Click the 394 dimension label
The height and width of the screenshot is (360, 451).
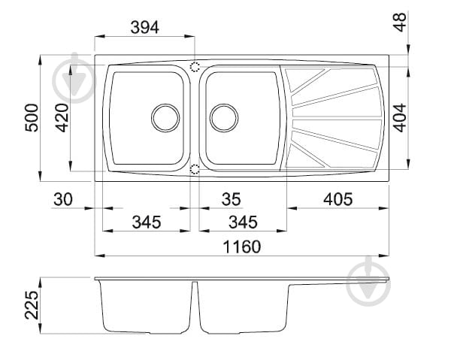[144, 28]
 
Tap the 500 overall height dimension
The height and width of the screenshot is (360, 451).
[32, 118]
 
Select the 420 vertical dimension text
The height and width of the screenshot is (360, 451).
[62, 118]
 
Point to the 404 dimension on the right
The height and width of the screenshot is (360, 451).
[400, 118]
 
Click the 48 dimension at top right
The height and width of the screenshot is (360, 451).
[400, 22]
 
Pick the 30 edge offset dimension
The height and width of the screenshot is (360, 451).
[63, 199]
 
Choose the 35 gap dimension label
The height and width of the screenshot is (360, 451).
[232, 199]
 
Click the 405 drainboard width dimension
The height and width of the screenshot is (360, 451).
[338, 199]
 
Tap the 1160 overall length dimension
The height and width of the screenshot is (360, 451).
[242, 247]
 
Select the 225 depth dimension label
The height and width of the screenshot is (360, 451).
[32, 305]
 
